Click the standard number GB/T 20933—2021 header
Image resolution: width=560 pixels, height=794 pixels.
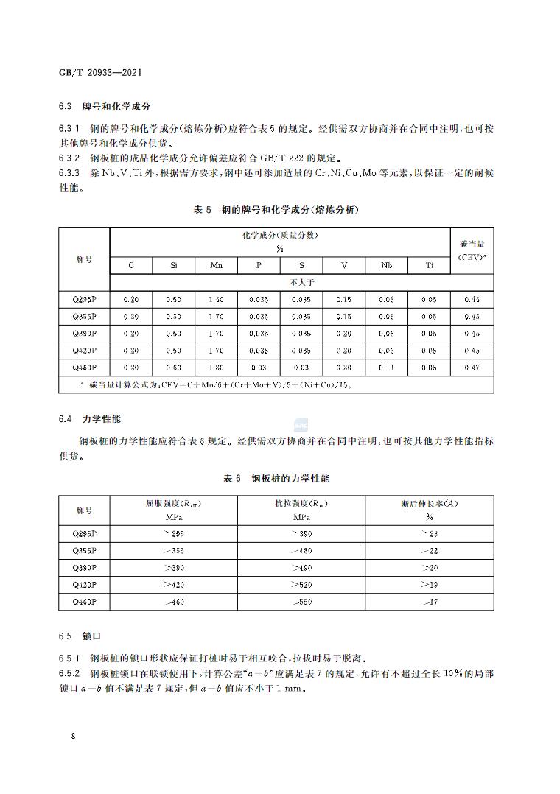[x=99, y=74]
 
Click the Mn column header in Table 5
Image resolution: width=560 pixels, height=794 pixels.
[x=216, y=265]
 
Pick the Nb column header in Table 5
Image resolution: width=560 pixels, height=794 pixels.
[x=386, y=265]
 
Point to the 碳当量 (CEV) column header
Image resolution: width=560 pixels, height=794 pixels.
[x=472, y=250]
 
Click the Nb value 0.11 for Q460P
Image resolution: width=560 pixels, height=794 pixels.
[x=386, y=368]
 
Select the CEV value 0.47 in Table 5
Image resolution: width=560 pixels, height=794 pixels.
[x=472, y=368]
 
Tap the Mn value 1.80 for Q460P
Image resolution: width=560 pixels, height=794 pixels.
[x=216, y=368]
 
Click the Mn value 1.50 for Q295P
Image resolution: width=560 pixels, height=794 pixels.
[x=216, y=300]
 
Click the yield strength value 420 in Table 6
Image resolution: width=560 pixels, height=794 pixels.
[x=173, y=585]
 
